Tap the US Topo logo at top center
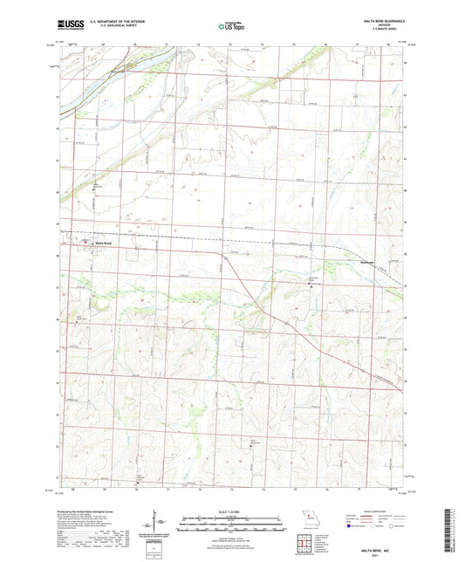click(x=230, y=26)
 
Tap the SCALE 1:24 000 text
click(x=231, y=511)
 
